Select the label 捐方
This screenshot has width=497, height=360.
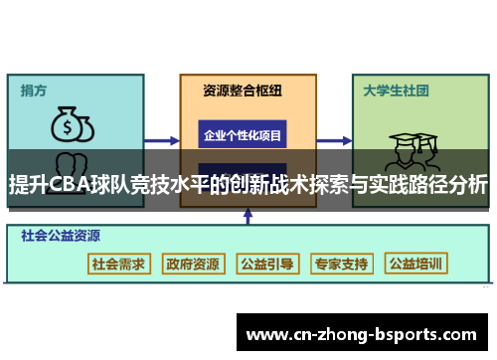tap(34, 90)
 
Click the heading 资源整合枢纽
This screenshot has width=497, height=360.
tap(242, 90)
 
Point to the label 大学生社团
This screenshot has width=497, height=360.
tap(396, 90)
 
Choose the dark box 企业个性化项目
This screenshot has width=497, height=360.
tap(243, 134)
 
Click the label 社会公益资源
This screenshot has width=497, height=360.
tap(63, 237)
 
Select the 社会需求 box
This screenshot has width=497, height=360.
tap(119, 264)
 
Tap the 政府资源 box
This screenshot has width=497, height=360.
tap(194, 264)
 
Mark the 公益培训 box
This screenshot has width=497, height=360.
tap(416, 264)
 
